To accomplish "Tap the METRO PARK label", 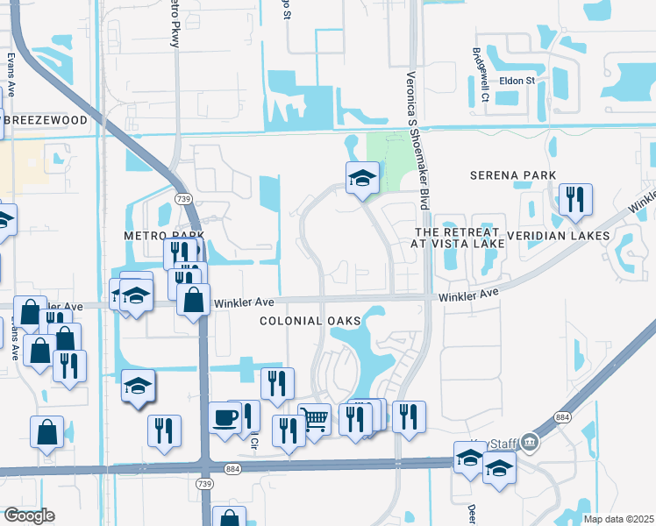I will pos(163,236).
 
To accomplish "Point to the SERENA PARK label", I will pos(513,175).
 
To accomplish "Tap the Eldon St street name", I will pos(517,81).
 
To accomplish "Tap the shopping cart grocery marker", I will pos(314,419).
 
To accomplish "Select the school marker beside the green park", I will pos(362,178).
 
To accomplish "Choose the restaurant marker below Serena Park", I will pos(575,199).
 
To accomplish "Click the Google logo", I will pos(29,515).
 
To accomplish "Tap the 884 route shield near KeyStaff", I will pos(561,418).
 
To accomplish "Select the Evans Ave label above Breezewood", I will pos(11,74).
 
